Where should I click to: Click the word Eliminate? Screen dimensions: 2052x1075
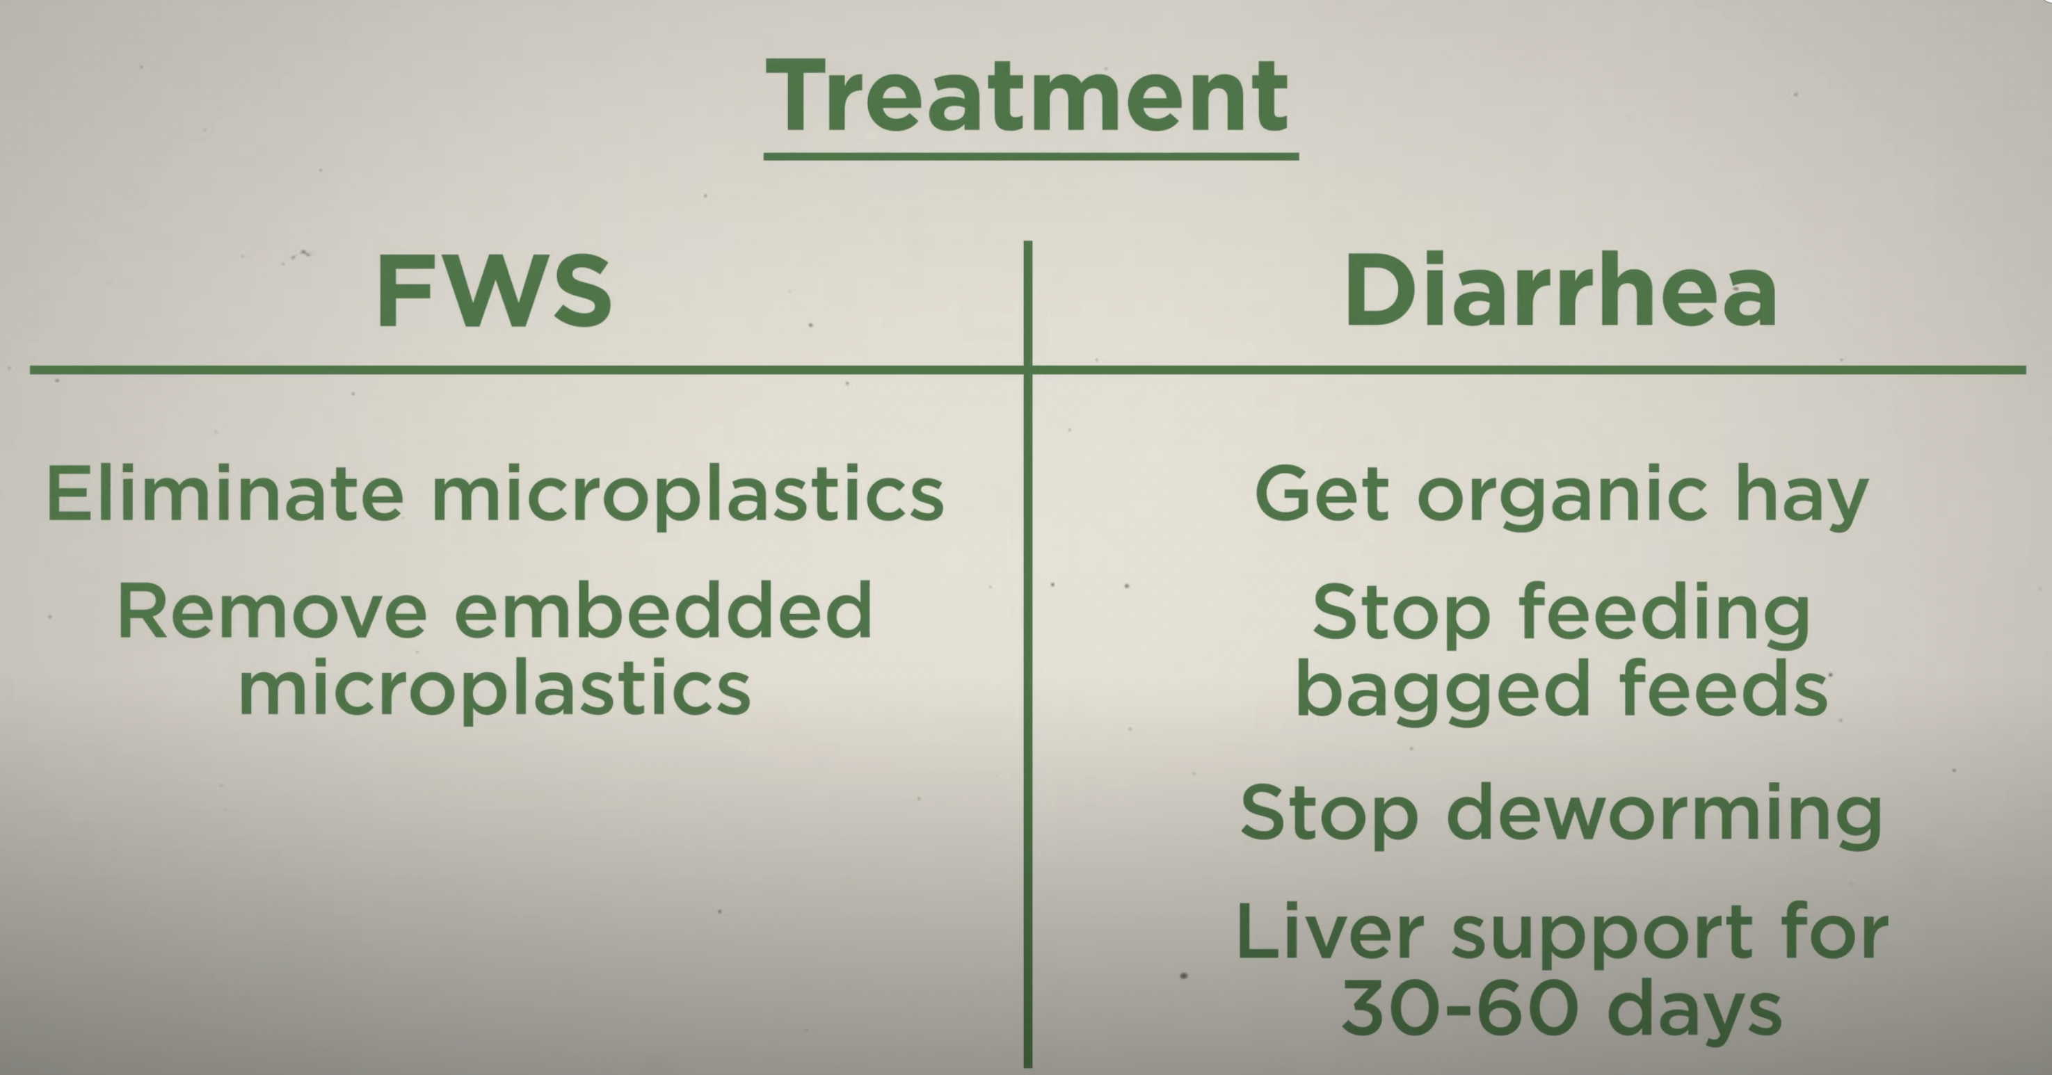click(x=225, y=494)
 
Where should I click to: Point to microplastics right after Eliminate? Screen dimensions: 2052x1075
click(x=688, y=499)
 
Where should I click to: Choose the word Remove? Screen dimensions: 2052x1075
click(x=273, y=611)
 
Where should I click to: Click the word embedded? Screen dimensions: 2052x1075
click(x=664, y=609)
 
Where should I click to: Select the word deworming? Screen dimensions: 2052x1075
click(x=1664, y=815)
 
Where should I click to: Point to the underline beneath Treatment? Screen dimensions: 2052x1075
click(x=1031, y=157)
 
